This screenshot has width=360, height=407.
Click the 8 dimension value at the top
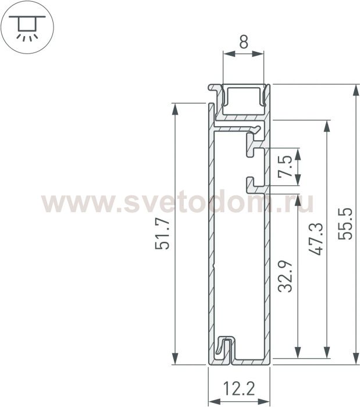click(x=244, y=42)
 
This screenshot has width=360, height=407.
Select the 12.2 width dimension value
click(x=239, y=388)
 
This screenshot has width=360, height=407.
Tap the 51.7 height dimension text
click(x=162, y=234)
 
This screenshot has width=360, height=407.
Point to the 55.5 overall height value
click(x=345, y=223)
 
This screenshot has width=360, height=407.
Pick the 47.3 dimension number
click(x=316, y=239)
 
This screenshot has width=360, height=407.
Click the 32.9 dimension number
click(x=285, y=277)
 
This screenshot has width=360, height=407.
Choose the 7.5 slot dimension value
click(x=285, y=167)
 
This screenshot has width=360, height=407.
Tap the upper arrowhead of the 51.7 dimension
click(x=175, y=109)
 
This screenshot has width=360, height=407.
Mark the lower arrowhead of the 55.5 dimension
click(x=356, y=359)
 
